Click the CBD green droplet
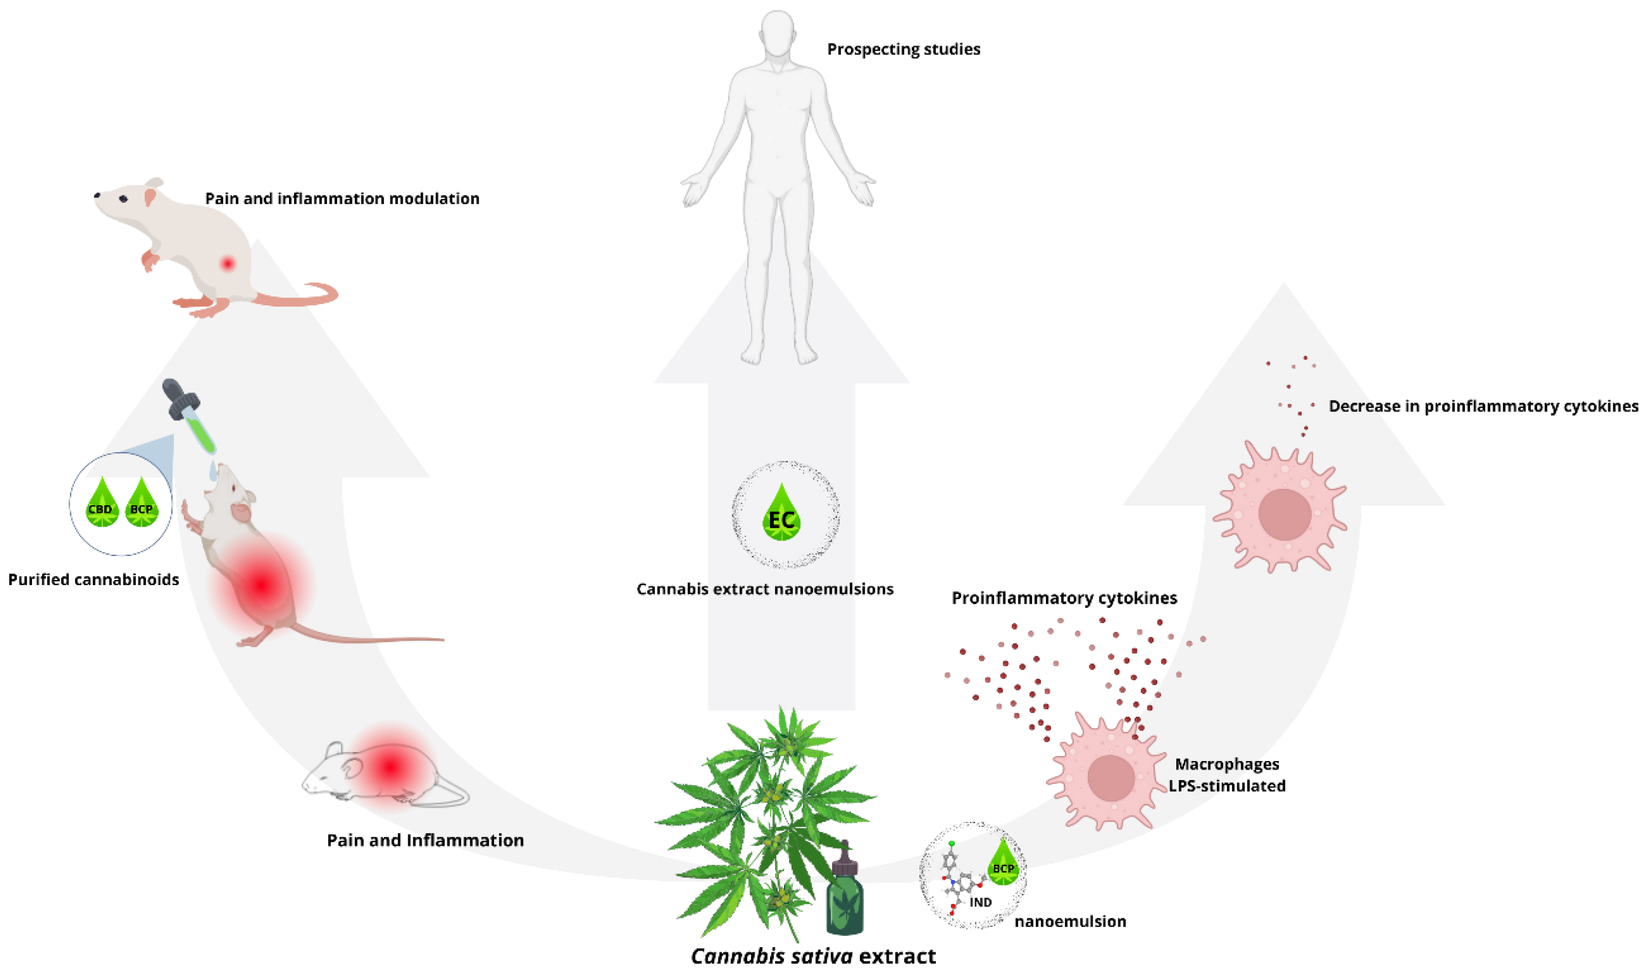[101, 504]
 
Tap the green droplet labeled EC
[781, 515]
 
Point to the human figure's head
[778, 33]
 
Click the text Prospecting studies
[903, 49]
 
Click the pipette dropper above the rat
[190, 416]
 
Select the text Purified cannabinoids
[93, 580]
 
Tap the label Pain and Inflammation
[425, 840]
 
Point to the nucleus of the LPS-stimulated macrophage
[1110, 778]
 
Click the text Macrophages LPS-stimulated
[1226, 774]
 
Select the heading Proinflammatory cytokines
[1064, 598]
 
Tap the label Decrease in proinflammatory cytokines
[1483, 406]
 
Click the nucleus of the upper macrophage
[1284, 515]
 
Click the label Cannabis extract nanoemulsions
[765, 589]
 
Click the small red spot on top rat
[228, 264]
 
